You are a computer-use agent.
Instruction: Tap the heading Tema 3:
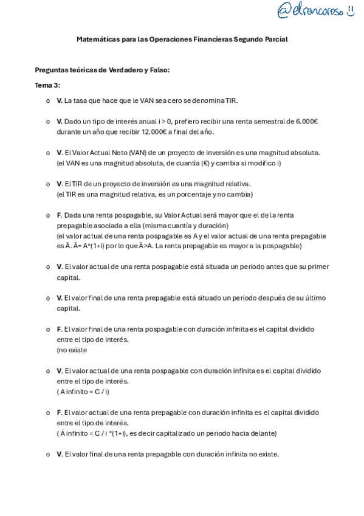[x=47, y=85]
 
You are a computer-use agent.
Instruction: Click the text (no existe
[x=72, y=350]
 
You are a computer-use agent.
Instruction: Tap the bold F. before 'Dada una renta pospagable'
[x=60, y=215]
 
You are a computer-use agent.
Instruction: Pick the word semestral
[x=251, y=122]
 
